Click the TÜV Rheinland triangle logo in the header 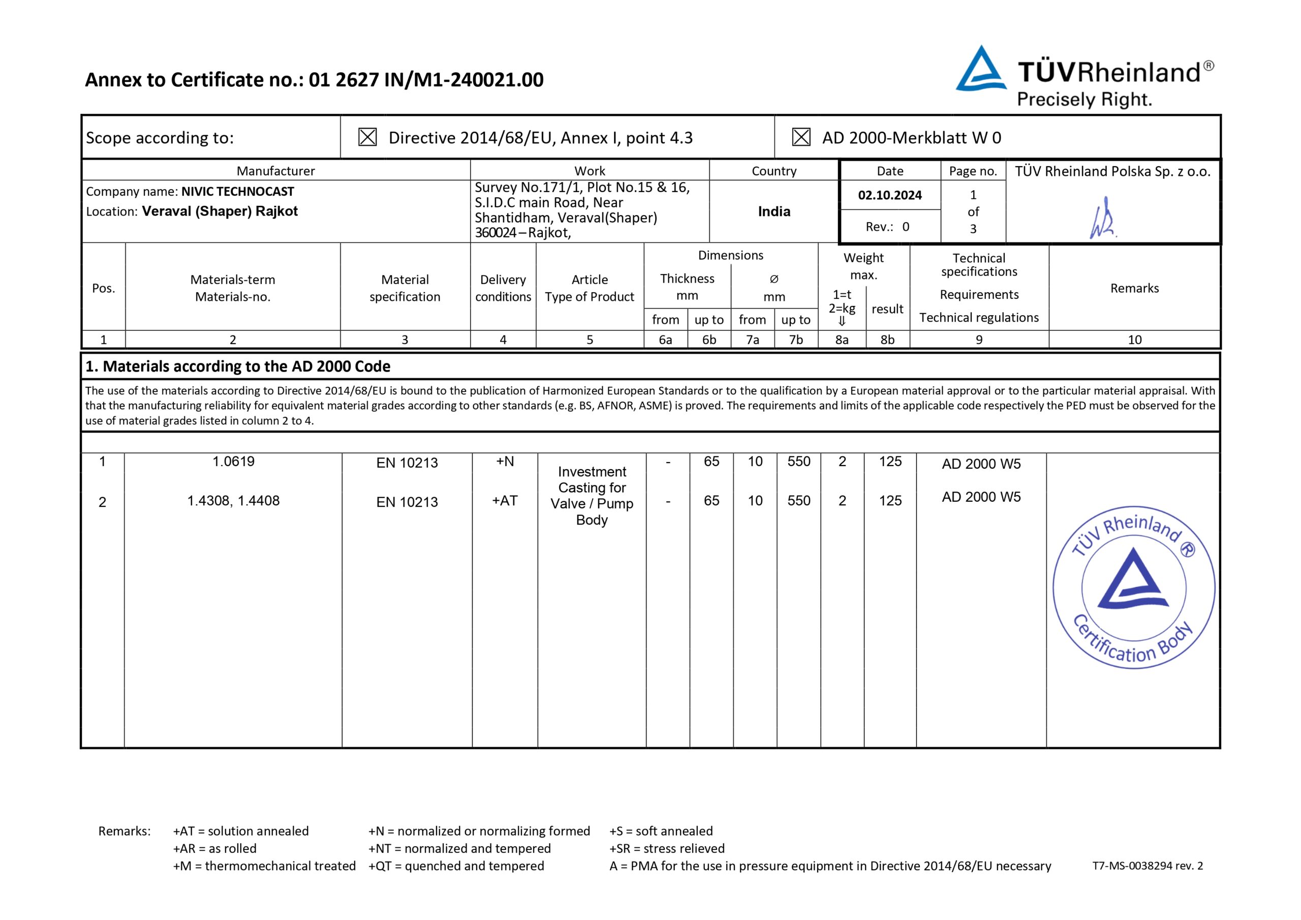[980, 70]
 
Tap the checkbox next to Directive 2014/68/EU [367, 137]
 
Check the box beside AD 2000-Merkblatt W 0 [800, 137]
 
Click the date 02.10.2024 [890, 196]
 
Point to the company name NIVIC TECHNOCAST [237, 192]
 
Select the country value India [774, 211]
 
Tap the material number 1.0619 [233, 462]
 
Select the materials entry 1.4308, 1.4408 [233, 501]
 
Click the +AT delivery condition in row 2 [504, 501]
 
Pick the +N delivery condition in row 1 [505, 462]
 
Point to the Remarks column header [1134, 288]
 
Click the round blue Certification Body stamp [1134, 587]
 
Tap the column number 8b [887, 340]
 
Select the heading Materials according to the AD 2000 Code [238, 366]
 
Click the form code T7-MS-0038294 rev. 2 [1148, 866]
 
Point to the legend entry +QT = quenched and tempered [456, 866]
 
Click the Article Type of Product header [590, 288]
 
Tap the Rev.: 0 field [887, 227]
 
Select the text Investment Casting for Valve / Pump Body [592, 496]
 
